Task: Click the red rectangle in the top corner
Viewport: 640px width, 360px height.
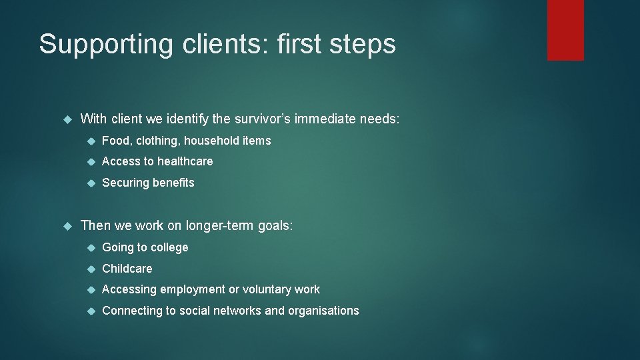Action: pyautogui.click(x=565, y=29)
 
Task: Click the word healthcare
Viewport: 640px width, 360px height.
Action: pyautogui.click(x=186, y=161)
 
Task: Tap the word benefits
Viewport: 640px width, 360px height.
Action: pyautogui.click(x=173, y=183)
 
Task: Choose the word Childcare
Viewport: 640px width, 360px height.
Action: pyautogui.click(x=127, y=269)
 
